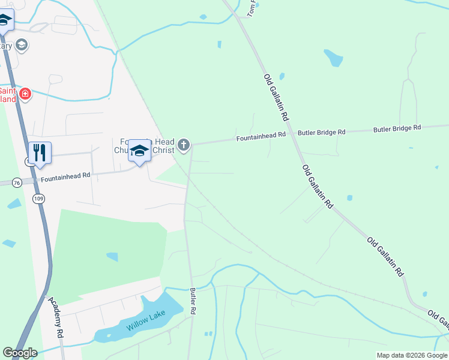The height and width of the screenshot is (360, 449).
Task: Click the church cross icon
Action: [x=184, y=145]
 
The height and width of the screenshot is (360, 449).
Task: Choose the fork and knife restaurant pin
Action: [x=40, y=152]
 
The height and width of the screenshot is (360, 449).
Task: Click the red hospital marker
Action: [x=25, y=94]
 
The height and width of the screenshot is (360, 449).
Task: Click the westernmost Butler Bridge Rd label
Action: [x=322, y=132]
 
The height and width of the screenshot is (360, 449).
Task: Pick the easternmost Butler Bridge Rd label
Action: [x=397, y=128]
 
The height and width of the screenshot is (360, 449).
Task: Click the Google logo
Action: [x=20, y=353]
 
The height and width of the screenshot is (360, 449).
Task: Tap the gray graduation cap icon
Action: [x=22, y=45]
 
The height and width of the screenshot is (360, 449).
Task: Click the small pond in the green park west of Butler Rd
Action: [x=112, y=257]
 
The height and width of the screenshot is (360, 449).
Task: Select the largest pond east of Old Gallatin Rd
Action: [x=333, y=58]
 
